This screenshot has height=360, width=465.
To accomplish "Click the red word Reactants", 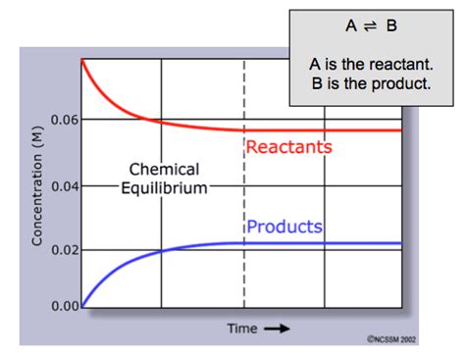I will tap(289, 148).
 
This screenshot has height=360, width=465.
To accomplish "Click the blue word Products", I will tap(284, 227).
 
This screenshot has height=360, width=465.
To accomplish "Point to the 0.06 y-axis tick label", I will tap(64, 120).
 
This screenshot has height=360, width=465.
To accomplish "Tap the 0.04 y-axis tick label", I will tap(64, 185).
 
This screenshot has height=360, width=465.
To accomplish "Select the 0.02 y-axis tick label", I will tap(64, 250).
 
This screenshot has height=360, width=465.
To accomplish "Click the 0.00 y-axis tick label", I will tap(64, 306).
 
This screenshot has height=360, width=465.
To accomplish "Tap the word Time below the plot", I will tap(242, 328).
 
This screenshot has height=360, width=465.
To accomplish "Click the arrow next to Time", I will tap(279, 329).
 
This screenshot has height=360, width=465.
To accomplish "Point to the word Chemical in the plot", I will tap(164, 169).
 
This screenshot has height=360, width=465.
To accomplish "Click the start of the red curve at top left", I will tap(81, 62).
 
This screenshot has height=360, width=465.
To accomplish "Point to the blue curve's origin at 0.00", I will tap(81, 306).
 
